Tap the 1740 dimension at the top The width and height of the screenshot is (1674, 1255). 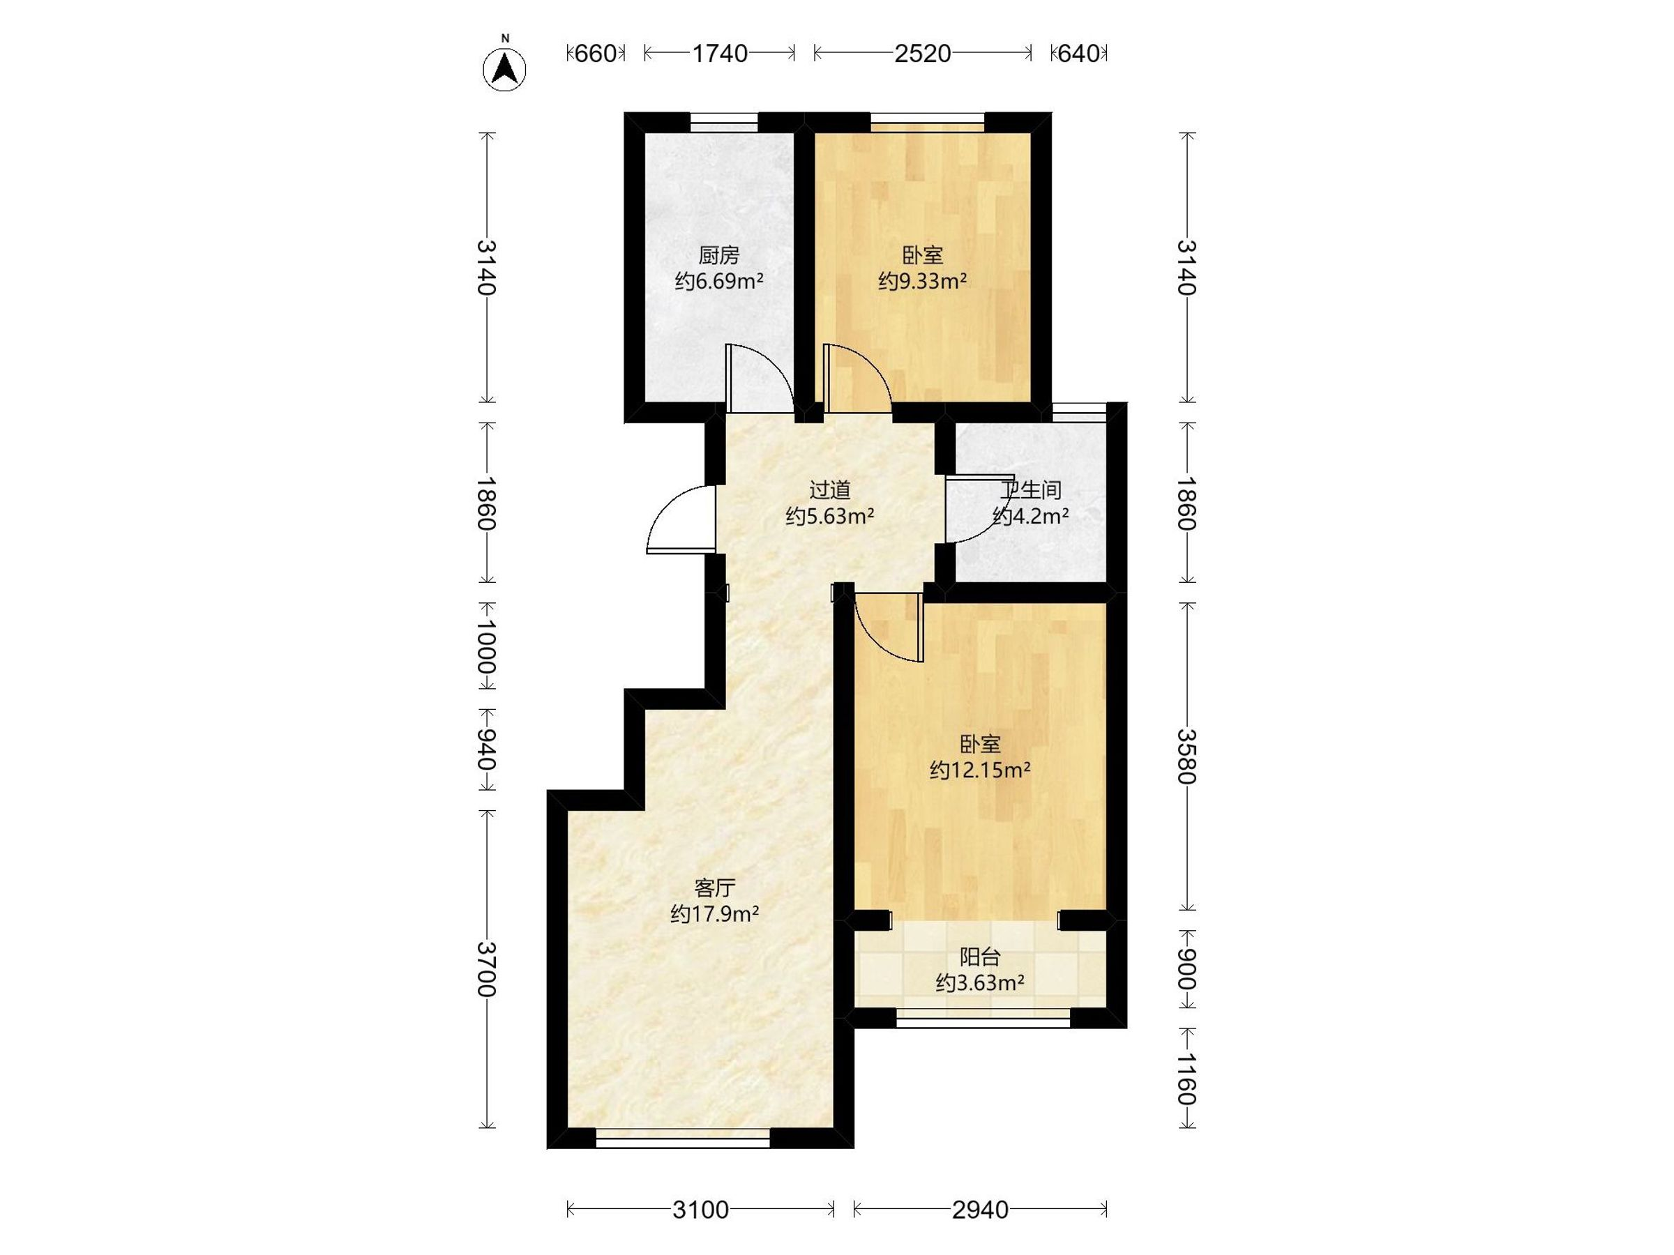point(720,54)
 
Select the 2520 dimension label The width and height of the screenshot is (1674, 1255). point(923,54)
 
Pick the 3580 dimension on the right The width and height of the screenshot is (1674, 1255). point(1186,756)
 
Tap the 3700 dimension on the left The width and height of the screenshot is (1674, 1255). point(488,969)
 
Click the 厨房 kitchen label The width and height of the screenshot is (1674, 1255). point(719,256)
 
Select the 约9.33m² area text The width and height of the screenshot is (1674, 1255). point(923,282)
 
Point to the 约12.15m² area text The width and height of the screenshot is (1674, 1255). point(980,771)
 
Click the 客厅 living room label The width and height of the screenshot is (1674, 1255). point(715,888)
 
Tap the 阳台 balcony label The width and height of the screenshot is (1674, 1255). point(980,957)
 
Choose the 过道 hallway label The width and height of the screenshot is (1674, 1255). point(830,490)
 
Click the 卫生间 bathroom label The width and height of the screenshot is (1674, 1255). point(1031,490)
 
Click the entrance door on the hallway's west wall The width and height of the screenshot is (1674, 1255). point(681,520)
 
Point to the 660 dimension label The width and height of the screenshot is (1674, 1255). point(596,54)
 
